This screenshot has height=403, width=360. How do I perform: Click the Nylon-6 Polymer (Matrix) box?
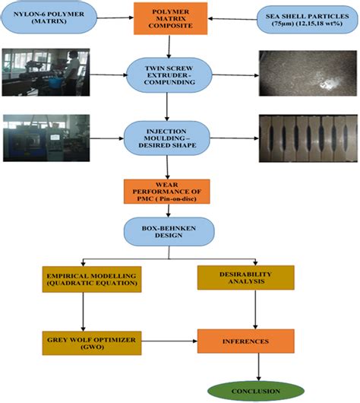[x=50, y=20]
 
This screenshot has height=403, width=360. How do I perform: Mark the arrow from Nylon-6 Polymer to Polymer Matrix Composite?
[x=117, y=20]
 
